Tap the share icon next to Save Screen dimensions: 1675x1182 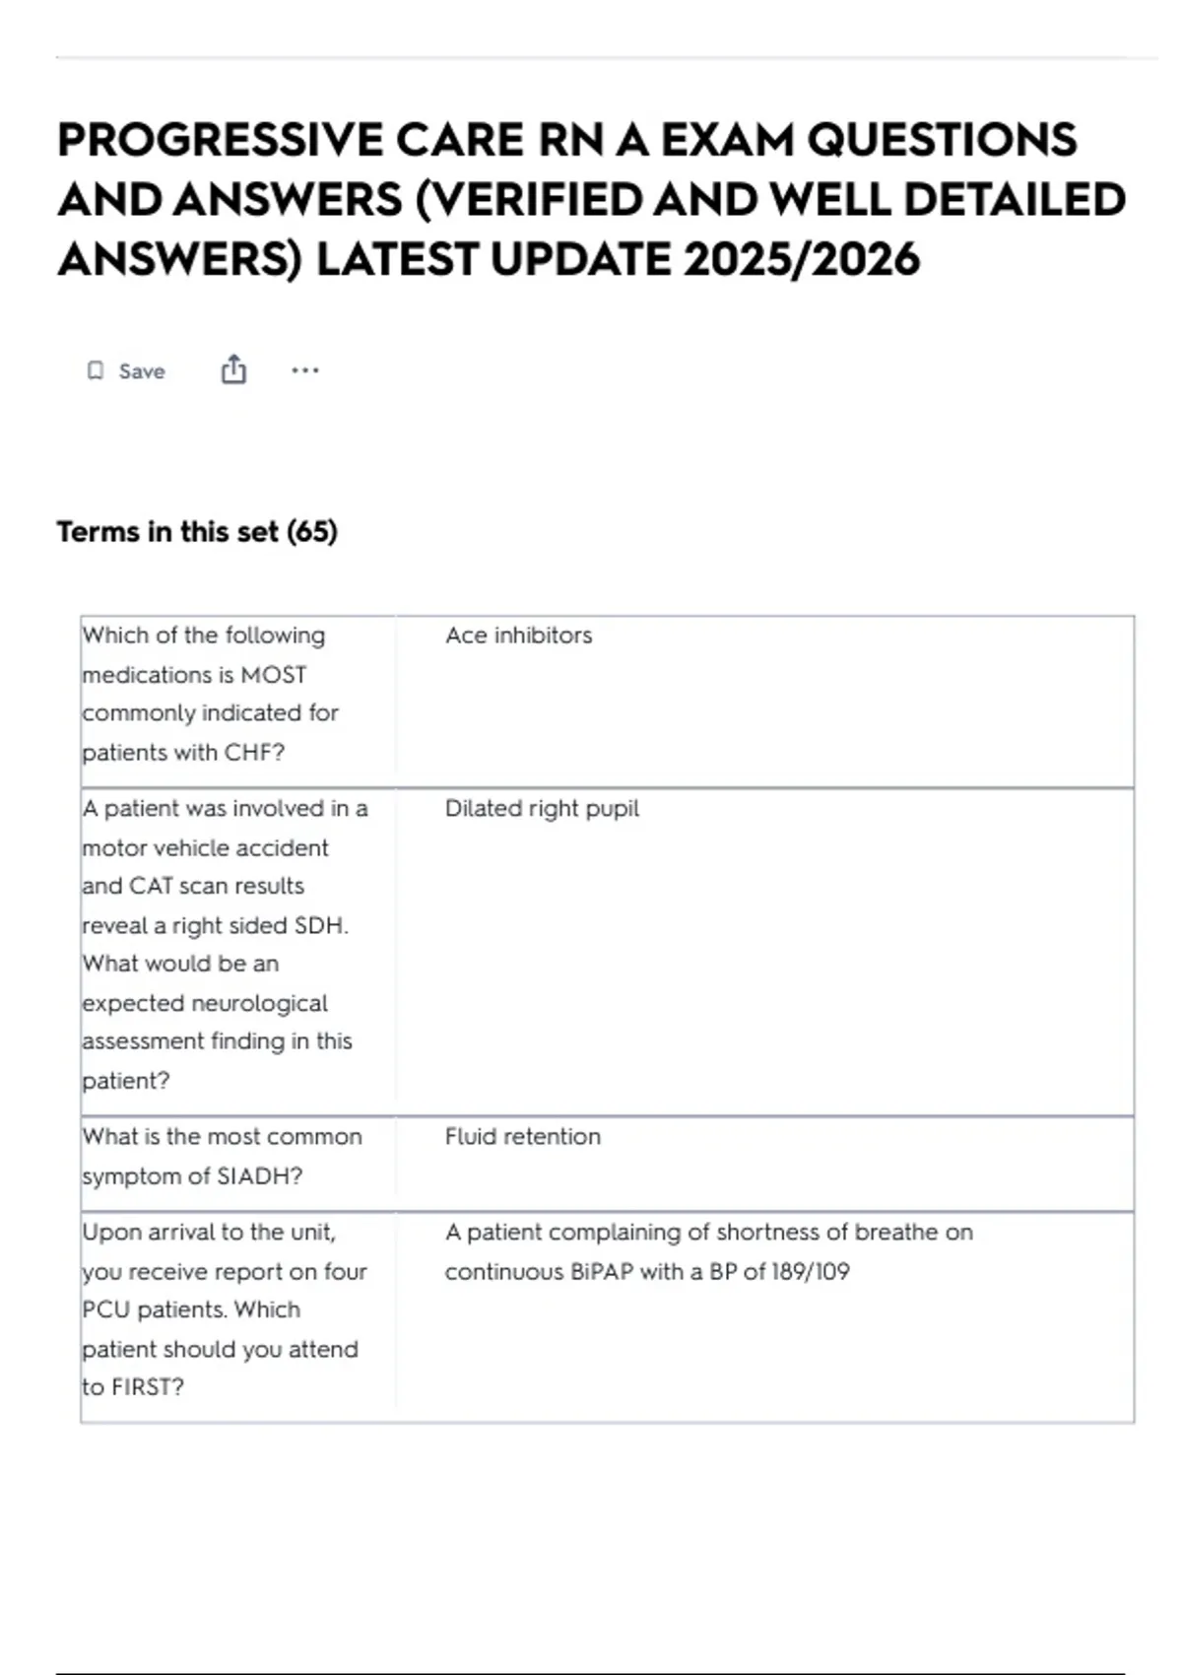pos(233,369)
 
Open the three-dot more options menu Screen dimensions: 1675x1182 pos(305,370)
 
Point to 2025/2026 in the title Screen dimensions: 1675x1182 pos(801,260)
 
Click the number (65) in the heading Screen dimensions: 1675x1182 pos(312,532)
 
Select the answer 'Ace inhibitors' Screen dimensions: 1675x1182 pos(518,636)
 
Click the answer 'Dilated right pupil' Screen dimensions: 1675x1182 pos(542,809)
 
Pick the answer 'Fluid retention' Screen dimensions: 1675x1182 pos(522,1137)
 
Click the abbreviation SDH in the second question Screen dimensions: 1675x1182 pos(320,926)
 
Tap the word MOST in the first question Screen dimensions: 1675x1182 pos(274,675)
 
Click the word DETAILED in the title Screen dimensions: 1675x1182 pos(1014,200)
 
